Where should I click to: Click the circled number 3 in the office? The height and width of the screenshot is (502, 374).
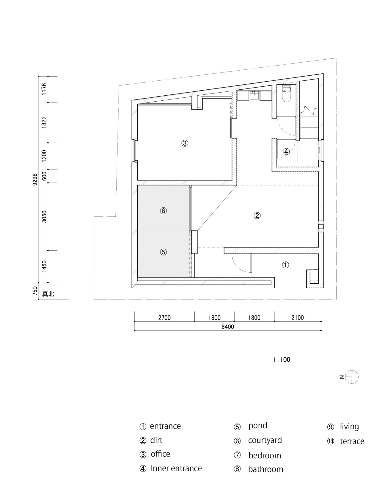point(185,143)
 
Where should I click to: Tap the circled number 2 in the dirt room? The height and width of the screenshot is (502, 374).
point(257,216)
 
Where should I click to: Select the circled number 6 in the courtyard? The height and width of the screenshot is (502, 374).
point(163,211)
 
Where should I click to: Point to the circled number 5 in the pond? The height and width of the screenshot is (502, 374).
point(163,252)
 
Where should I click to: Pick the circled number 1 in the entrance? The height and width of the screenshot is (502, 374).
point(285,265)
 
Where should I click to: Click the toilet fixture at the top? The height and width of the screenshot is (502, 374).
point(287,94)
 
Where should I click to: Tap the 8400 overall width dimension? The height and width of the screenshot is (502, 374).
point(228,327)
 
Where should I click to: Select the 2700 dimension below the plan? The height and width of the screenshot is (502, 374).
point(164,318)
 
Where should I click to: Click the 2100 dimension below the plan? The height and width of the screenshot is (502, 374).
point(297,318)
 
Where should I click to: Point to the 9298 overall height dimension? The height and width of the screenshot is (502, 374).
point(35,179)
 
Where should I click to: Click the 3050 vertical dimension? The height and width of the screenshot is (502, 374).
point(44,216)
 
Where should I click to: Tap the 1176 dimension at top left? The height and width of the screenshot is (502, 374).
point(44,89)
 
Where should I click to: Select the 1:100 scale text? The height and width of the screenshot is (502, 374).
point(282,360)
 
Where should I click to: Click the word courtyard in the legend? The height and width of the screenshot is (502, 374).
point(265,440)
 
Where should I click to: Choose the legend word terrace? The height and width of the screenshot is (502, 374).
point(352,441)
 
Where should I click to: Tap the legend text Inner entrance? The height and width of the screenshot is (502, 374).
point(176,468)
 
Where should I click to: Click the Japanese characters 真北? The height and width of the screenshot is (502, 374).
point(48,294)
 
